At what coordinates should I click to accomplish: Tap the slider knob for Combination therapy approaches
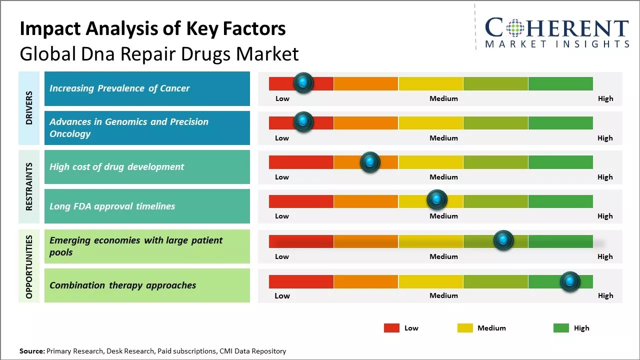click(569, 281)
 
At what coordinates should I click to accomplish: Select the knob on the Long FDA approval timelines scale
click(437, 200)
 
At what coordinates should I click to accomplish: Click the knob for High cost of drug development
click(370, 162)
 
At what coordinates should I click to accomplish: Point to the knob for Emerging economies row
click(503, 240)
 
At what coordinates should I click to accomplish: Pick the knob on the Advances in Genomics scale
click(303, 121)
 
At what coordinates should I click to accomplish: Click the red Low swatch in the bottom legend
click(391, 328)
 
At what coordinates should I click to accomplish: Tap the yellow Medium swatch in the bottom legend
click(465, 328)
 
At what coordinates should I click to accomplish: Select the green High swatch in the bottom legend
click(561, 328)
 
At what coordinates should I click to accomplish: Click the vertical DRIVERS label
click(29, 107)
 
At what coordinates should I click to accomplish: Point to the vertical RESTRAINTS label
click(29, 186)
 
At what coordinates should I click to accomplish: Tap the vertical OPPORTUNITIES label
click(29, 266)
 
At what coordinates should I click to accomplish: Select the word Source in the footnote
click(31, 351)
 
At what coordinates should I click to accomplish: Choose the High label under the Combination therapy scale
click(605, 295)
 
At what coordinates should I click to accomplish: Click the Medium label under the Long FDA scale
click(443, 216)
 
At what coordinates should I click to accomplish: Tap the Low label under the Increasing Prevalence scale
click(282, 98)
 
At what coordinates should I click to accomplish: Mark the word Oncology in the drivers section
click(70, 134)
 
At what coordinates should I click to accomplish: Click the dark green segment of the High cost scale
click(560, 162)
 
